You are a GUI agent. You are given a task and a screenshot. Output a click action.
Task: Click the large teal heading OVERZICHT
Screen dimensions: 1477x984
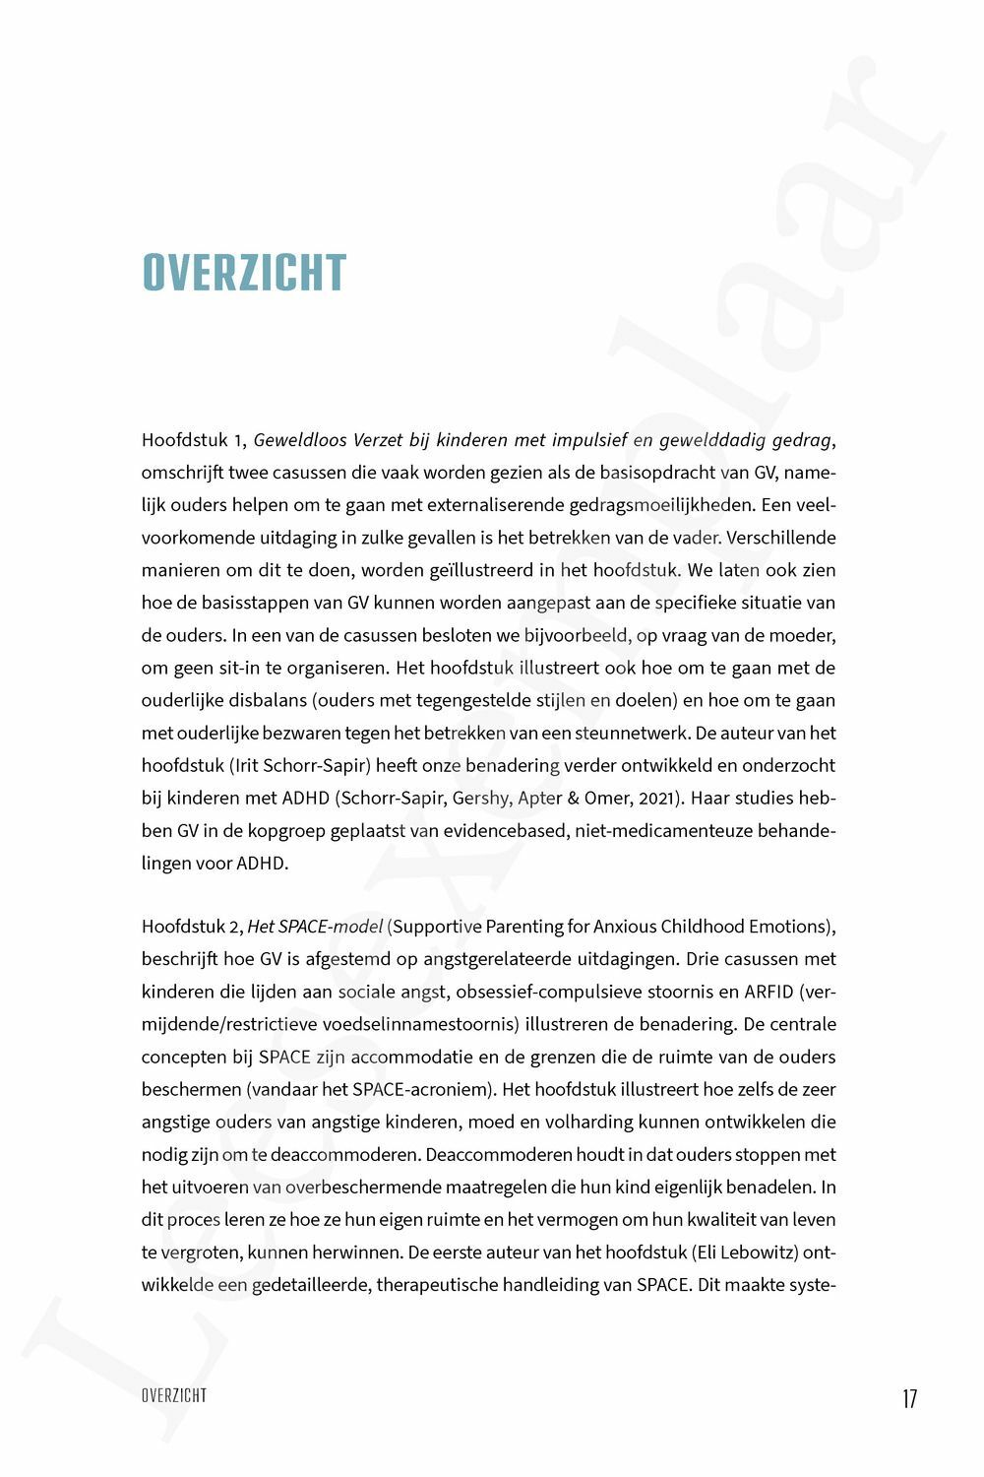point(244,273)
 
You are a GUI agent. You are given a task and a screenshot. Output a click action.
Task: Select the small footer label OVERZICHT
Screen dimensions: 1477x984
point(174,1395)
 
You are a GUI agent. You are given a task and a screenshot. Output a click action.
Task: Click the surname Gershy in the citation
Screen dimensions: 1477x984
point(482,798)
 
